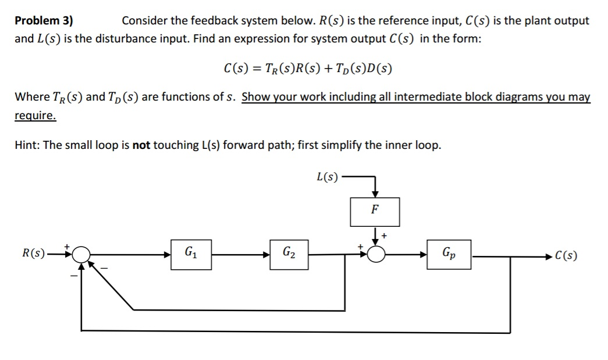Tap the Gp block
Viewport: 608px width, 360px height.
[x=449, y=254]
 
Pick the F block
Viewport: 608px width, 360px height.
[x=375, y=212]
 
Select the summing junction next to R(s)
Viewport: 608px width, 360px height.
[x=81, y=254]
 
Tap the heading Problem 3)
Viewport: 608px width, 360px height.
[x=44, y=21]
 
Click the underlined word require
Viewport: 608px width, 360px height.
[x=35, y=116]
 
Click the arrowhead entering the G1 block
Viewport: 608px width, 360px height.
[x=166, y=254]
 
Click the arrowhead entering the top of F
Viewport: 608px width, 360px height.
[x=375, y=193]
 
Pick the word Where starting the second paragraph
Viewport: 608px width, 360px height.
[x=31, y=97]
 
